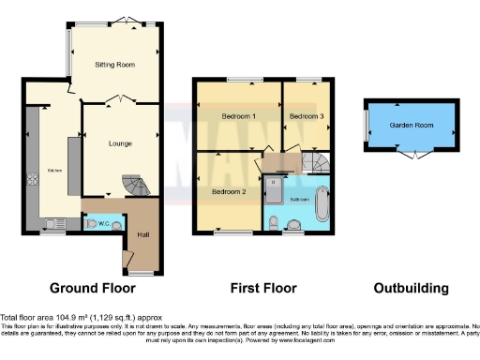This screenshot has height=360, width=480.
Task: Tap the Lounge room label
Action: (x=119, y=142)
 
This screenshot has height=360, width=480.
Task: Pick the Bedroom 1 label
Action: (x=238, y=116)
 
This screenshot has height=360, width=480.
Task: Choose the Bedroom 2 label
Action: (x=228, y=191)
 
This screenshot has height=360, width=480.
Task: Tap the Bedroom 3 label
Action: (x=306, y=116)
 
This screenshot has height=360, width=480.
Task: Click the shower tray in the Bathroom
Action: (x=276, y=192)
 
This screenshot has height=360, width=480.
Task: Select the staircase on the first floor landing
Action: (x=317, y=163)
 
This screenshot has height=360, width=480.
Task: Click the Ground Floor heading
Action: (x=92, y=288)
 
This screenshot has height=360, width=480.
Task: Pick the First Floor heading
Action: (x=262, y=288)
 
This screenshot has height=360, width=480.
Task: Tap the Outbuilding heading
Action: (x=411, y=288)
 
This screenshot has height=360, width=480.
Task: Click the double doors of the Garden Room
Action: (x=410, y=155)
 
